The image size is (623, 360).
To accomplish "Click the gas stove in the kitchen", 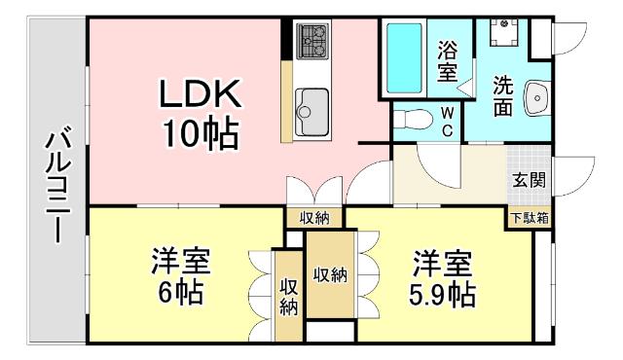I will [314, 40].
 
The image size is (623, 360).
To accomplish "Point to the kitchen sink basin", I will [312, 101].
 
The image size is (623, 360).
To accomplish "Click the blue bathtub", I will [404, 57].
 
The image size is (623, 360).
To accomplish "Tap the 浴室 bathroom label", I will [448, 59].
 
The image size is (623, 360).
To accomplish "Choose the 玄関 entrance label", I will [530, 180].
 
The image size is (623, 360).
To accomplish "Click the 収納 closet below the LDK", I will [314, 218].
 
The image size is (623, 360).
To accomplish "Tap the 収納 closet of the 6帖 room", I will [288, 296].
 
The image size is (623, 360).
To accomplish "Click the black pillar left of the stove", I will [286, 40].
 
